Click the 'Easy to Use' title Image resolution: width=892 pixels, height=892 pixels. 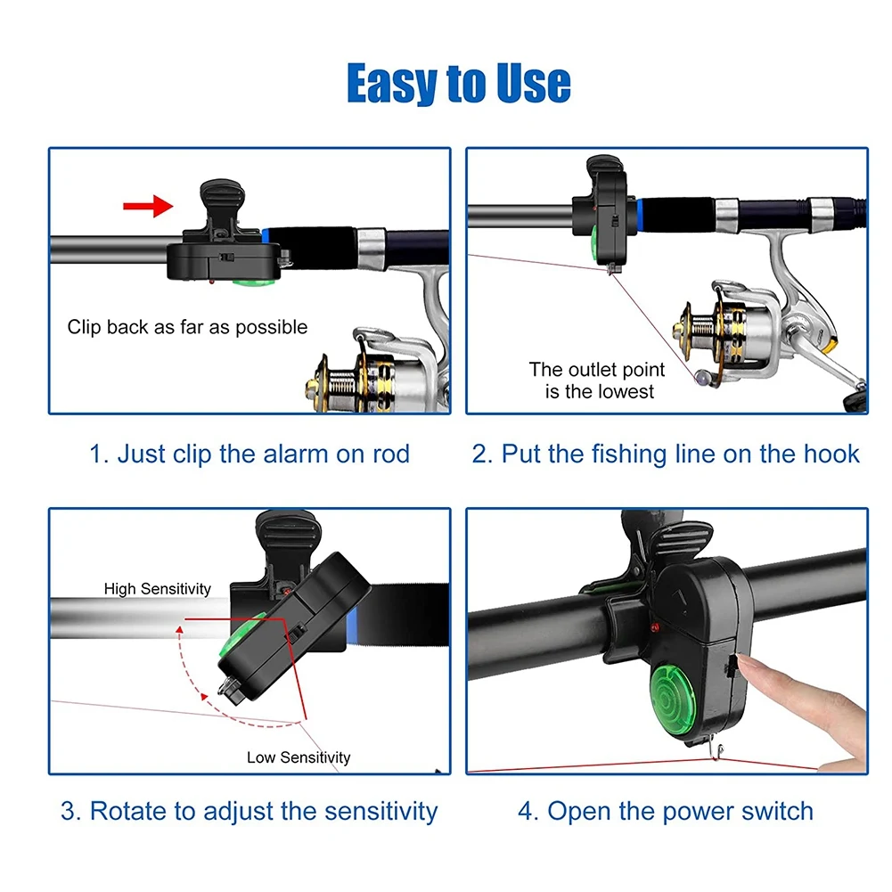(x=458, y=83)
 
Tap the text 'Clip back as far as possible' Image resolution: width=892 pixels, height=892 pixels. (x=187, y=327)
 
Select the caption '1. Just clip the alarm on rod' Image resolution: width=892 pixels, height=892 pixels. (x=250, y=454)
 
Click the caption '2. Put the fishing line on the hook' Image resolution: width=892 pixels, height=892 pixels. (x=666, y=454)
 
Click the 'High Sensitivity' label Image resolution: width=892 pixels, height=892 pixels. (x=158, y=588)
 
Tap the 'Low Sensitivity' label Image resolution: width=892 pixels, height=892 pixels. (x=299, y=757)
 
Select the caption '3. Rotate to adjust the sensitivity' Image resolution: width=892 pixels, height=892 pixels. (x=250, y=811)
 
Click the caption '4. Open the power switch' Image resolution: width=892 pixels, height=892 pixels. (x=666, y=811)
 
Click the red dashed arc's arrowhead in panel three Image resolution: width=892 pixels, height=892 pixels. (x=180, y=629)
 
